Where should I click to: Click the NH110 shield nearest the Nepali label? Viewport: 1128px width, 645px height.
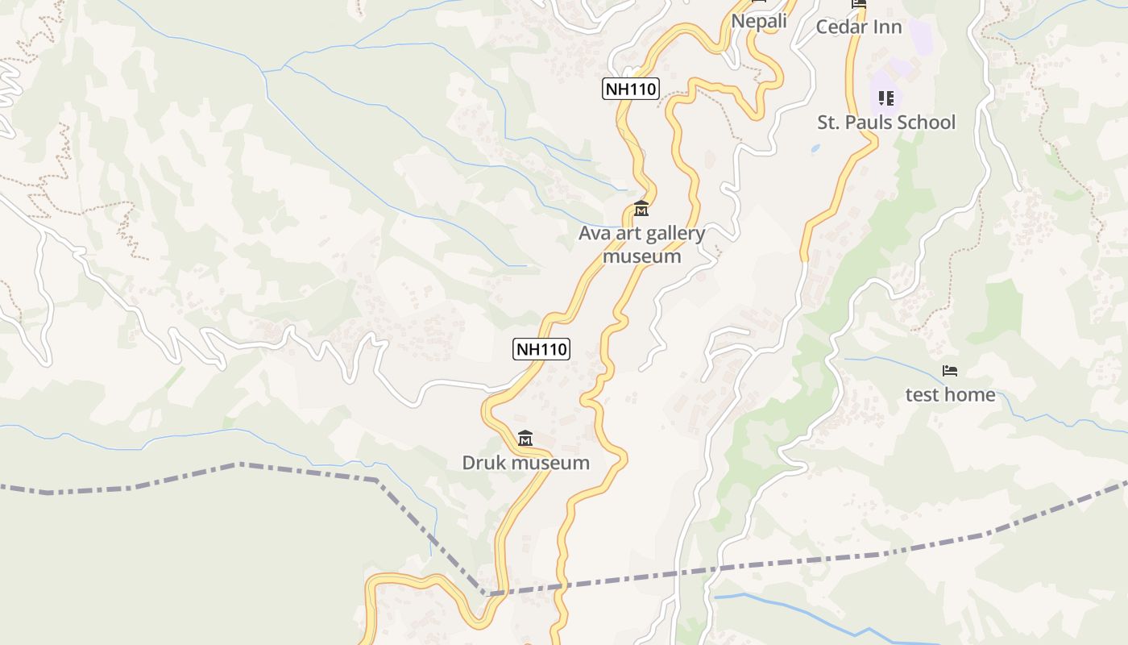pos(630,89)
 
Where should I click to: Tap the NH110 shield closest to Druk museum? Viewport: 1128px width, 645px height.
pos(541,349)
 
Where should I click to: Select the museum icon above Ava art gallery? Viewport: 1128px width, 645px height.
pos(641,208)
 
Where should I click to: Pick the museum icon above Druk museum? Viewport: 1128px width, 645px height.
pos(525,438)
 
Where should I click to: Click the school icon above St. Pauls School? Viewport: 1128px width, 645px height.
pos(886,98)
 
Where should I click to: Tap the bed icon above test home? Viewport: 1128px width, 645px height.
pos(950,371)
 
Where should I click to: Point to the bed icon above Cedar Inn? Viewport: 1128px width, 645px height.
pos(859,4)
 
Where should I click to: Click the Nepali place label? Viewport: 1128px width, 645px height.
pos(759,21)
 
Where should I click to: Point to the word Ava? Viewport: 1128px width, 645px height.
pos(594,234)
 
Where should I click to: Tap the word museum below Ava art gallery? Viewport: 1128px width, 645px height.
pos(642,256)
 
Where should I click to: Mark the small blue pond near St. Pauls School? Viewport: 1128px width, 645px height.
pos(815,149)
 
